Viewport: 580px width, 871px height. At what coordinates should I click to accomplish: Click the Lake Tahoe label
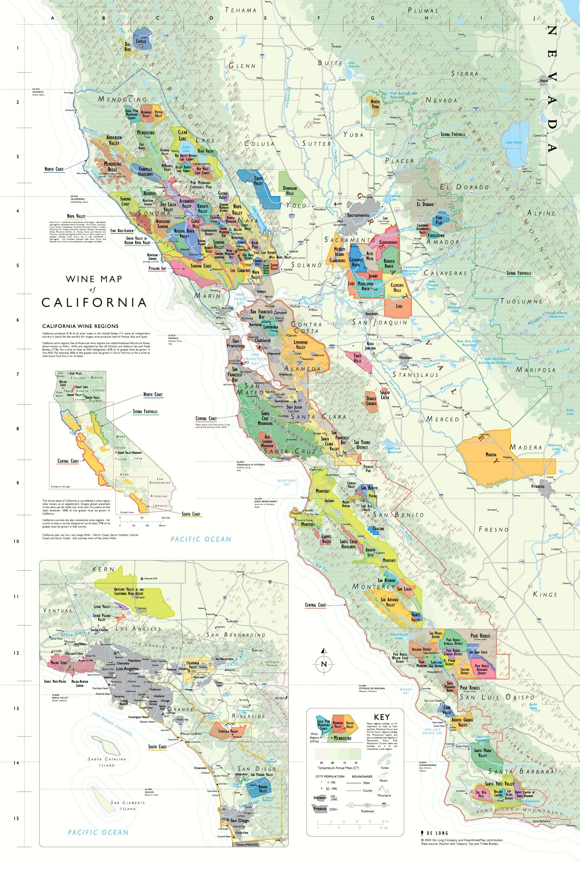point(514,142)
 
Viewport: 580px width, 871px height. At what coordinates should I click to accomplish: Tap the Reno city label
point(543,81)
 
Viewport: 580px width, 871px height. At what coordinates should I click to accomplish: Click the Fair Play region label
point(439,221)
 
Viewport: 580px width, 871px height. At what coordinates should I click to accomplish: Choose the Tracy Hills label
point(357,358)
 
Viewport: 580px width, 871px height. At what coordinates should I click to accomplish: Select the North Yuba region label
point(375,104)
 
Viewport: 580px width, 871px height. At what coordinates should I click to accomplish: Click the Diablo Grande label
point(371,401)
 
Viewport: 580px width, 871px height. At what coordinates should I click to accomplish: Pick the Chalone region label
point(378,529)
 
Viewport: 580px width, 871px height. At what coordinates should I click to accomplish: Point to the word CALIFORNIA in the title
point(94,302)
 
